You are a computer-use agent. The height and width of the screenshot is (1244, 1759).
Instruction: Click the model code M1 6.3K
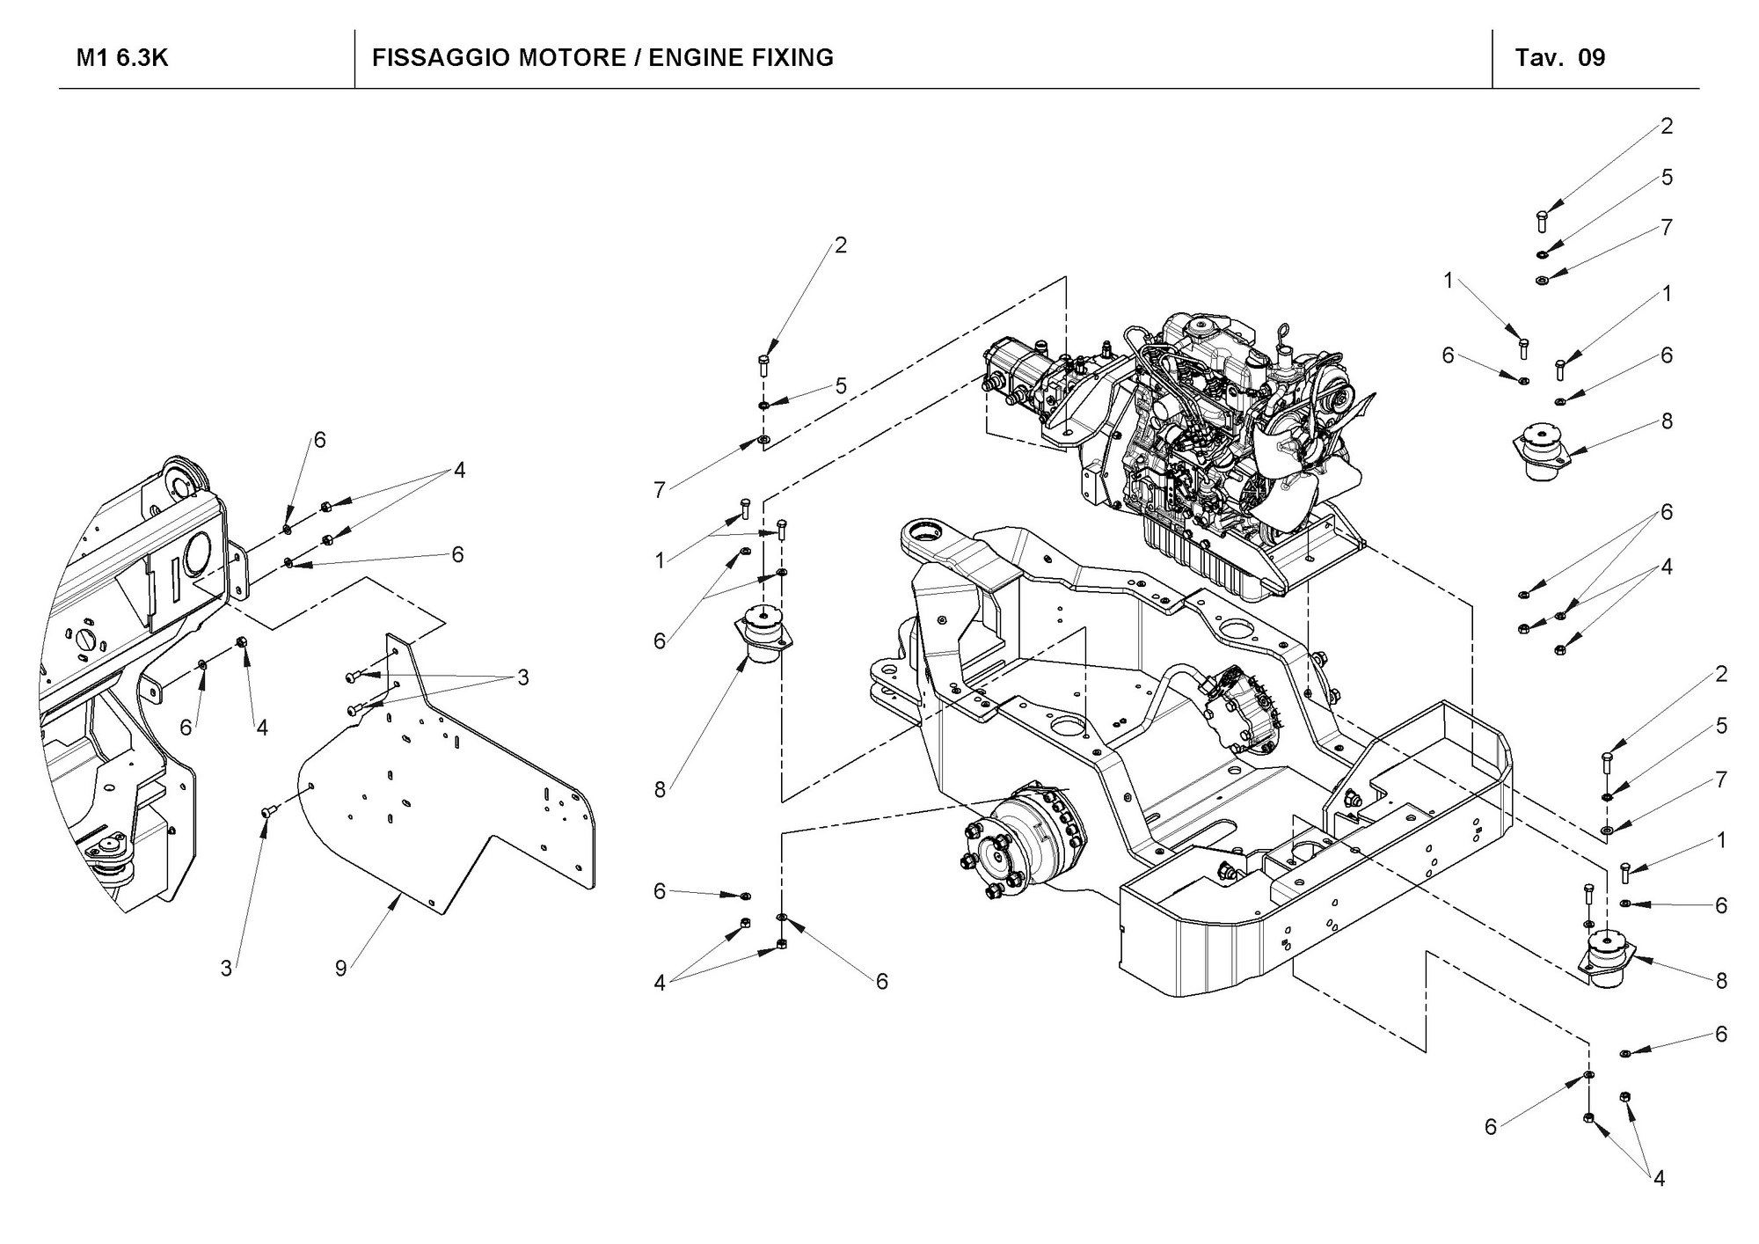(122, 58)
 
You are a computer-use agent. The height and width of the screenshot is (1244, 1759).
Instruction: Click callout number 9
(341, 968)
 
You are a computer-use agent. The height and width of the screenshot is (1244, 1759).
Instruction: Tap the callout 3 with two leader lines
(523, 677)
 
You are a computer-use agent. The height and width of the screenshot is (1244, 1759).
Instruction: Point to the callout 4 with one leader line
(261, 727)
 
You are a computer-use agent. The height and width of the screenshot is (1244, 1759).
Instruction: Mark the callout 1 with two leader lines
(660, 560)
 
